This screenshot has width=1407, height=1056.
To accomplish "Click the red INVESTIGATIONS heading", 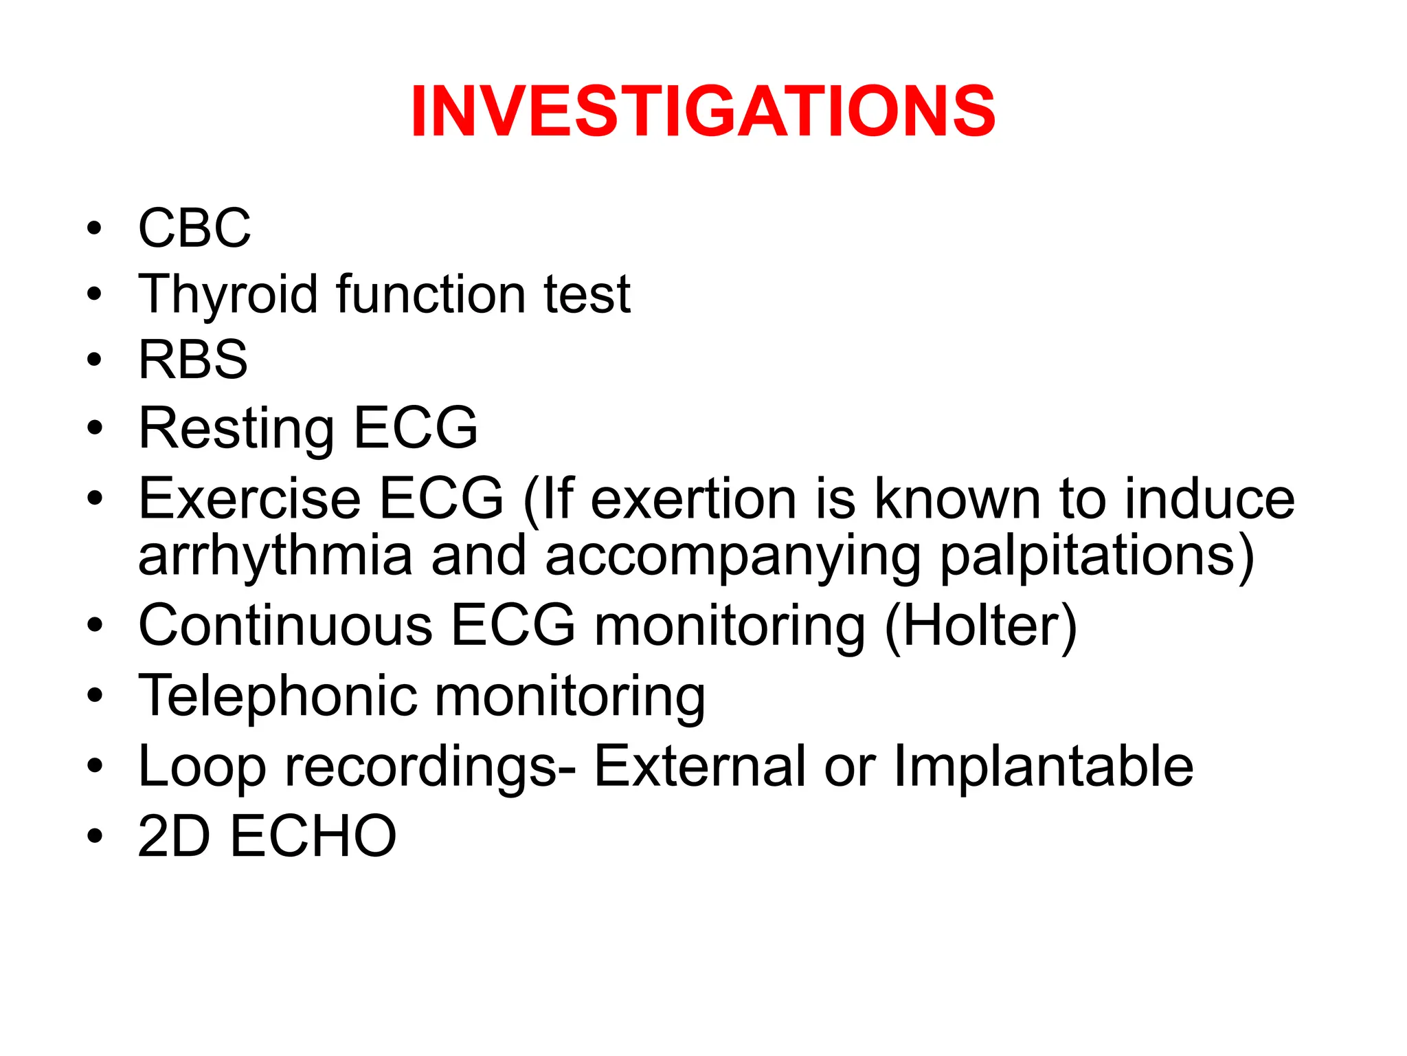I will point(703,111).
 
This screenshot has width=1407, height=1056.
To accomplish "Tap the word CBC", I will point(194,228).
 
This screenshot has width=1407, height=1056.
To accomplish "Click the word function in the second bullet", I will point(431,294).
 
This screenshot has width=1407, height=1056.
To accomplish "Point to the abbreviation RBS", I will point(193,360).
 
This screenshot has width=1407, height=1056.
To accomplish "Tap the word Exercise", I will point(249,498).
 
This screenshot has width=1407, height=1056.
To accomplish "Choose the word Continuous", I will point(286,626).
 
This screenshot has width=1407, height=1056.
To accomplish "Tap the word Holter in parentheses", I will point(980,626).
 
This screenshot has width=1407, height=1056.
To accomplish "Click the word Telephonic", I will point(278,696).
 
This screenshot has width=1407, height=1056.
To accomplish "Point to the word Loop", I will point(202,767).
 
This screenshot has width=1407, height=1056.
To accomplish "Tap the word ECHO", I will point(313,836).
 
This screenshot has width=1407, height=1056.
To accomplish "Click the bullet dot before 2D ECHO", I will point(95,836).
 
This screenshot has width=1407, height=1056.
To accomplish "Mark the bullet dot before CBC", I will point(95,228).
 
